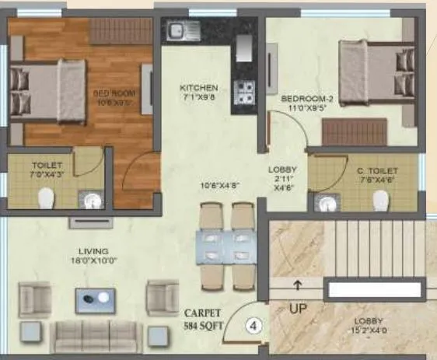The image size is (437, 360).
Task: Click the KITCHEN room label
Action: (198, 88)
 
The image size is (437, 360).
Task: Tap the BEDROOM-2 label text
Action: (307, 100)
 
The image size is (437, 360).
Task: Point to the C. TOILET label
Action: (378, 170)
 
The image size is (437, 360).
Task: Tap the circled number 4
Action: (253, 327)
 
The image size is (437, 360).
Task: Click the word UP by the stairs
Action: (298, 307)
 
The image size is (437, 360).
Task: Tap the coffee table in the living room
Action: (97, 299)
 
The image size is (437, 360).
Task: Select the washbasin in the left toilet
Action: (93, 200)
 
